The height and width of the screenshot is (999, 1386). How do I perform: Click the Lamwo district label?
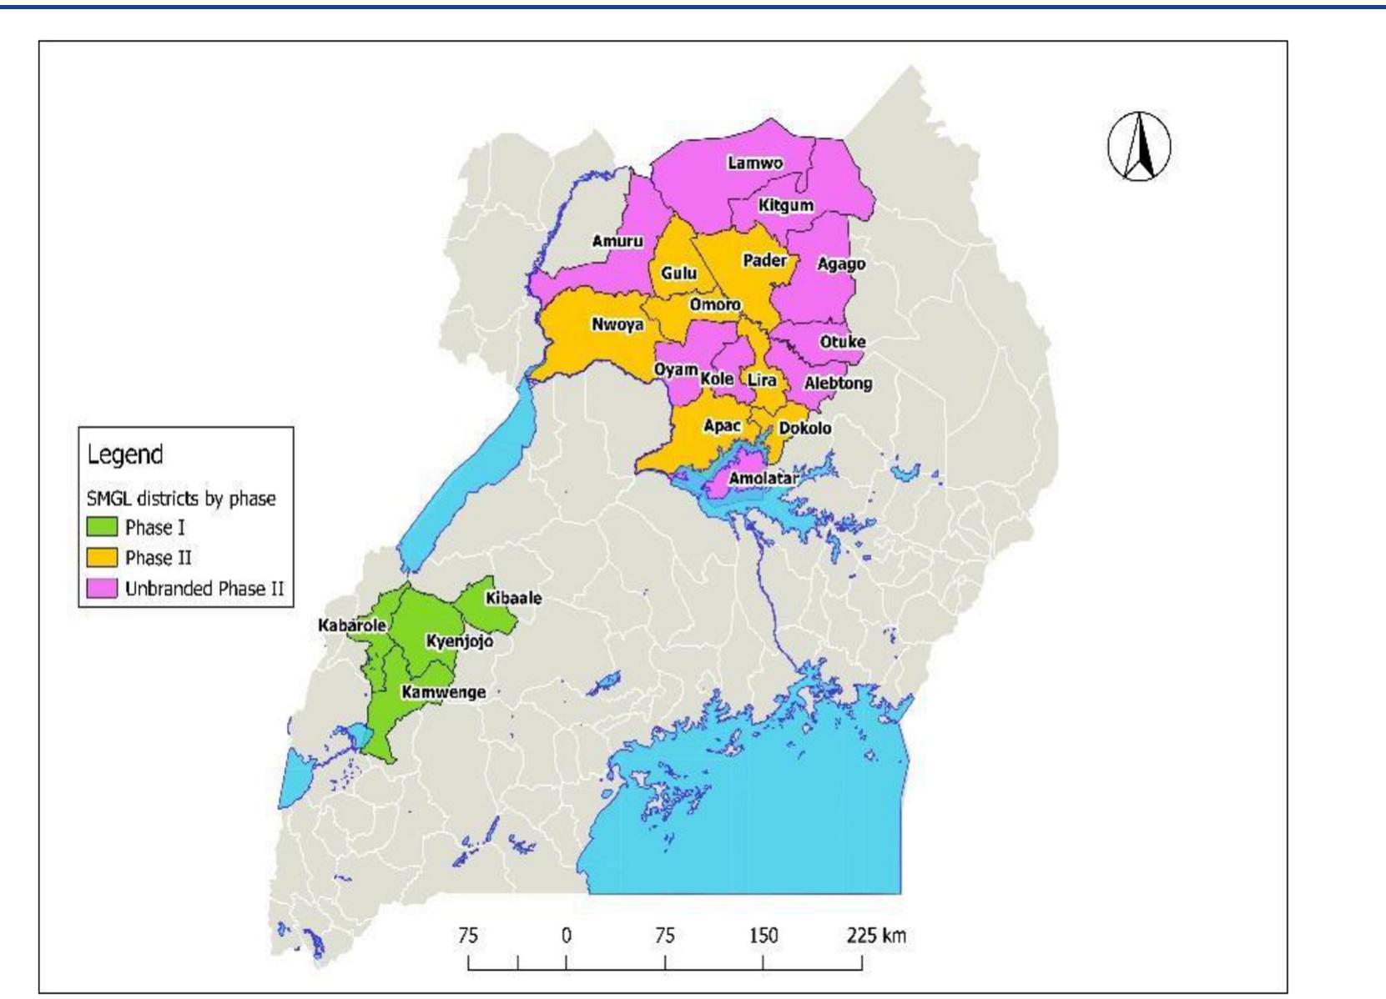pos(755,163)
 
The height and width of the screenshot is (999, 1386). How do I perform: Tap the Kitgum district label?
pos(786,205)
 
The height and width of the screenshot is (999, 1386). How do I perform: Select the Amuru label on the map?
pos(617,241)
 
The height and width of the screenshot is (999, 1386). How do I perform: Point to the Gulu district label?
pos(678,273)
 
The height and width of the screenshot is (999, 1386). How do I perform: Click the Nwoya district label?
pos(617,324)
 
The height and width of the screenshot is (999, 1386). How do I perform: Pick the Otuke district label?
pos(842,342)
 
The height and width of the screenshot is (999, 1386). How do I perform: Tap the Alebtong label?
pos(838,384)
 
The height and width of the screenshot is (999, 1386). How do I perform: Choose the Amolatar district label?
pos(763,479)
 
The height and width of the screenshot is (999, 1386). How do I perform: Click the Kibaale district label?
pos(513,598)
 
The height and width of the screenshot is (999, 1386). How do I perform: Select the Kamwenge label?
pos(443,692)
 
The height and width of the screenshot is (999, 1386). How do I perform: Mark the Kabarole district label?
pos(351,625)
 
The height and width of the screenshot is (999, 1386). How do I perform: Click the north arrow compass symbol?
pos(1139,147)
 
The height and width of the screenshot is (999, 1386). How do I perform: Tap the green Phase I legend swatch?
pos(102,527)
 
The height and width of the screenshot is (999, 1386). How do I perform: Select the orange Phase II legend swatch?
pos(102,557)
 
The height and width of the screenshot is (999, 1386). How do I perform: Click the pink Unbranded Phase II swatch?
pos(102,588)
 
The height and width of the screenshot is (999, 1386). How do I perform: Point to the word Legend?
pos(125,454)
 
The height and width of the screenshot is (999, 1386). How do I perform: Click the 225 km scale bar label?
pos(875,935)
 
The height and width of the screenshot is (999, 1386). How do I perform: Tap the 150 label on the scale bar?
pos(763,935)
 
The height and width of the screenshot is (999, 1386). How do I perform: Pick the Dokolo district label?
pos(804,428)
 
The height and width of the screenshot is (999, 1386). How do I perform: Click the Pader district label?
pos(764,260)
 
